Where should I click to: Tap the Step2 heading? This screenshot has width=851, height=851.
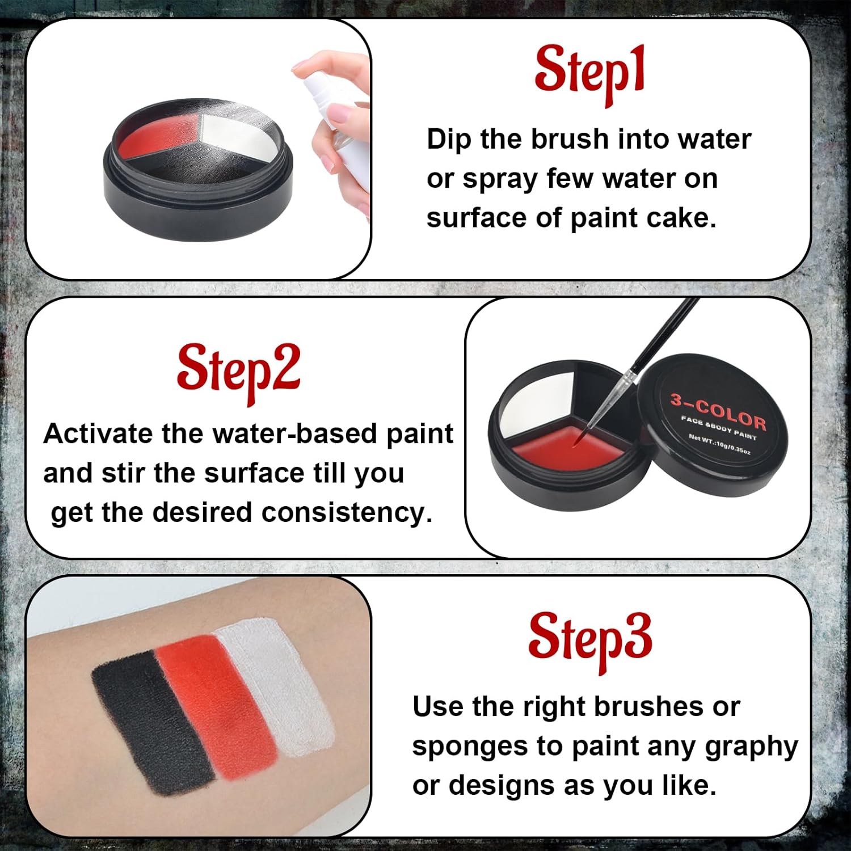point(238,373)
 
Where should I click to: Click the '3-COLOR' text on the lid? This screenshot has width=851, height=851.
point(718,412)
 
